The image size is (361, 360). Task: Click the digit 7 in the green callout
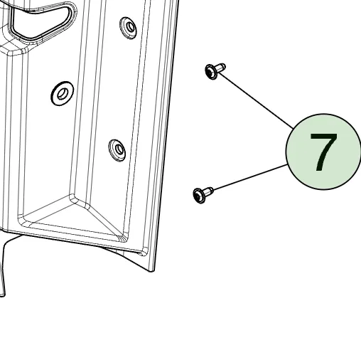tap(323, 152)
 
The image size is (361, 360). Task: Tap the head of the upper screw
tap(210, 72)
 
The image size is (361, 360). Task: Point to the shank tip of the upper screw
tap(223, 67)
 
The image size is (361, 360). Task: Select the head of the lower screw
tap(199, 196)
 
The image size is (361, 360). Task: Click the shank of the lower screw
tap(209, 191)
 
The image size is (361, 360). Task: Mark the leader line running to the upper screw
tap(255, 100)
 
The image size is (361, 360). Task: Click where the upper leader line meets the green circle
tap(293, 129)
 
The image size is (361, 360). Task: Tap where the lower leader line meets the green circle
tap(287, 165)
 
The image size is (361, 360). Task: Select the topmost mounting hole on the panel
tap(128, 28)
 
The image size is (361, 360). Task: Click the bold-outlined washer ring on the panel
tap(63, 93)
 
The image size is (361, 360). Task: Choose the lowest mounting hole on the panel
tap(117, 150)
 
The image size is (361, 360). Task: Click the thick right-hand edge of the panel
tap(165, 135)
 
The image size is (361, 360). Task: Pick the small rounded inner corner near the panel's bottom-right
tap(144, 251)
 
